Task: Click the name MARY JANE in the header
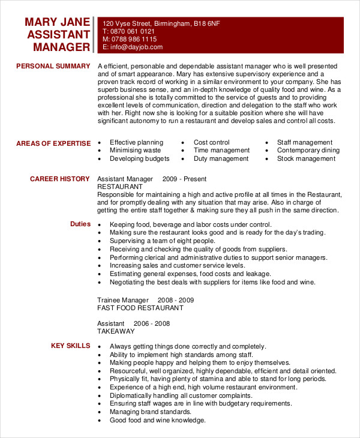(58, 22)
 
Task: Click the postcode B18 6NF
(206, 23)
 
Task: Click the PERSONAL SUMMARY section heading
(53, 66)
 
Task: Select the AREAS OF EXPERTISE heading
(53, 143)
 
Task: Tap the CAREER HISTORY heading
(60, 179)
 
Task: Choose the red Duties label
(80, 224)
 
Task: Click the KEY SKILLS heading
(70, 346)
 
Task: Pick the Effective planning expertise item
(136, 143)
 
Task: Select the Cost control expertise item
(211, 143)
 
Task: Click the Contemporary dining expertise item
(308, 151)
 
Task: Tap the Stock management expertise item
(306, 159)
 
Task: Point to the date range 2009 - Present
(184, 179)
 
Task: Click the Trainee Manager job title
(122, 299)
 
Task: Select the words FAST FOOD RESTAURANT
(140, 308)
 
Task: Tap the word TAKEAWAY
(116, 331)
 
